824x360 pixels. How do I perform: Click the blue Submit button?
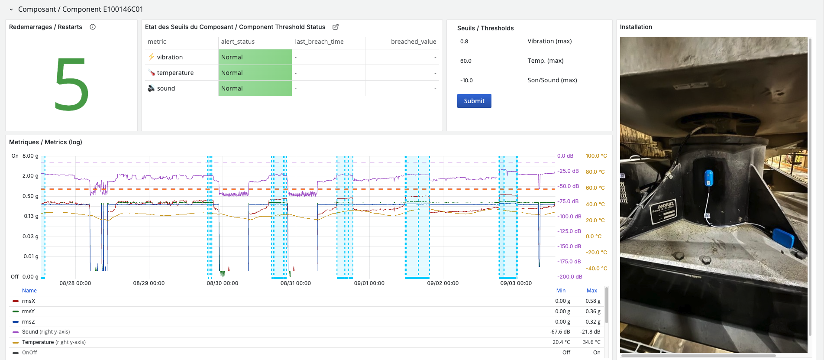474,101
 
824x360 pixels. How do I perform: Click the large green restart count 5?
71,85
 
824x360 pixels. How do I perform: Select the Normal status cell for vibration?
255,57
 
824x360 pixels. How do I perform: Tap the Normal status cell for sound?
255,88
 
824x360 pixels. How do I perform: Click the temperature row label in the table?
175,73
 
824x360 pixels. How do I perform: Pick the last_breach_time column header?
319,42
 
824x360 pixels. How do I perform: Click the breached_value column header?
413,42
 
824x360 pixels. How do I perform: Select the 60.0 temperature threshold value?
466,61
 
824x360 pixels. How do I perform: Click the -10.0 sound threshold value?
466,81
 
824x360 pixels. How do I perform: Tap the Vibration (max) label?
549,41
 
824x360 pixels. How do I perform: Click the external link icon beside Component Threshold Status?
336,27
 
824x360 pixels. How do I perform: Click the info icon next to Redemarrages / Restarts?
93,27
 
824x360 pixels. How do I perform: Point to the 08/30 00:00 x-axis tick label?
222,283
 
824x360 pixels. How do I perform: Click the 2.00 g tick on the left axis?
30,176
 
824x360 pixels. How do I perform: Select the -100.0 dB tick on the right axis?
569,217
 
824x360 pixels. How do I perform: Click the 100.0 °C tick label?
596,156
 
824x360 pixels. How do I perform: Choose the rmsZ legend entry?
28,322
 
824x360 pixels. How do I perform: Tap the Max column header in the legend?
591,291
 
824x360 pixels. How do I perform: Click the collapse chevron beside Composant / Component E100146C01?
11,10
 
